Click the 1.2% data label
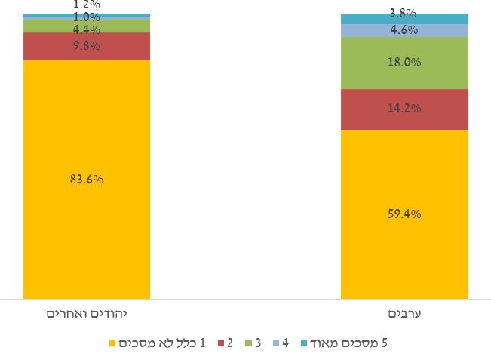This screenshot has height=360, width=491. (x=87, y=5)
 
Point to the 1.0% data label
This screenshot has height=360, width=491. (x=87, y=17)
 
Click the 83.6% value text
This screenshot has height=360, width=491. (x=87, y=180)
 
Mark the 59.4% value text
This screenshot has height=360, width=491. (x=404, y=214)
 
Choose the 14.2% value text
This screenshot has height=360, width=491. (x=404, y=109)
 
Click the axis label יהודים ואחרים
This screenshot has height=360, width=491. (x=86, y=313)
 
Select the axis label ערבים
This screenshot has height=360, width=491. (x=404, y=313)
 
